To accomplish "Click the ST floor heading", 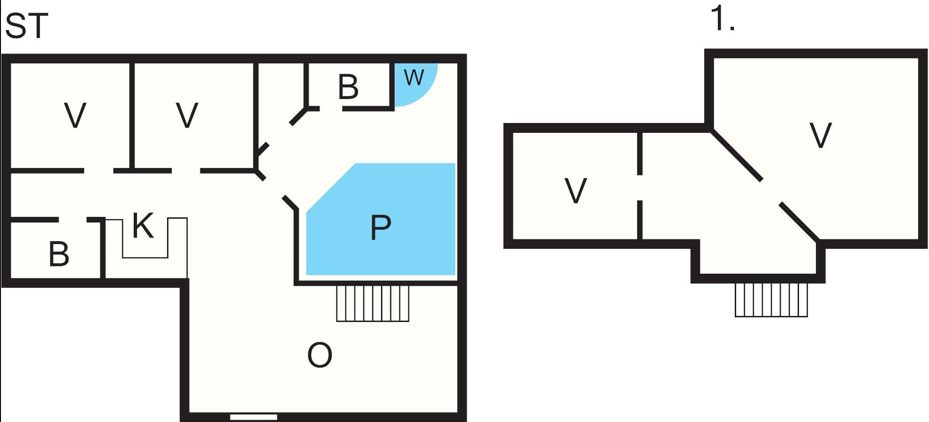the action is coord(26,26).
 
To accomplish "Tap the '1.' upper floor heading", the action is coord(723,19).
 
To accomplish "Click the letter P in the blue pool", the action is coord(381,228).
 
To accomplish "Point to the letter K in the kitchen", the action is coord(143,226).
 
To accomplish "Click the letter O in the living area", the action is coord(320,355).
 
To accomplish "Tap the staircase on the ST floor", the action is coord(373,303).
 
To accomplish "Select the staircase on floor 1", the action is coord(771,299).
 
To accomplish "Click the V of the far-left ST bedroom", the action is coord(75,115).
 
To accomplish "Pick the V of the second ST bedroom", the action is coord(187,115).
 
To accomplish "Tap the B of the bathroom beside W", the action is coord(348,87).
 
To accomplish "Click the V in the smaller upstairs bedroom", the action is coord(575,191).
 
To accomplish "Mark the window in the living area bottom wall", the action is coord(253,417).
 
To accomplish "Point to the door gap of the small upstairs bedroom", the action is coord(640,188).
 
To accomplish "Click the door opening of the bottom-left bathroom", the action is coord(73,220).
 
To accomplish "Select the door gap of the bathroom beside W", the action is coord(331,108).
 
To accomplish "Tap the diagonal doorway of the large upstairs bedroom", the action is coord(771,192).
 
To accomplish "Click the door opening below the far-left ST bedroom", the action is coord(99,171).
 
